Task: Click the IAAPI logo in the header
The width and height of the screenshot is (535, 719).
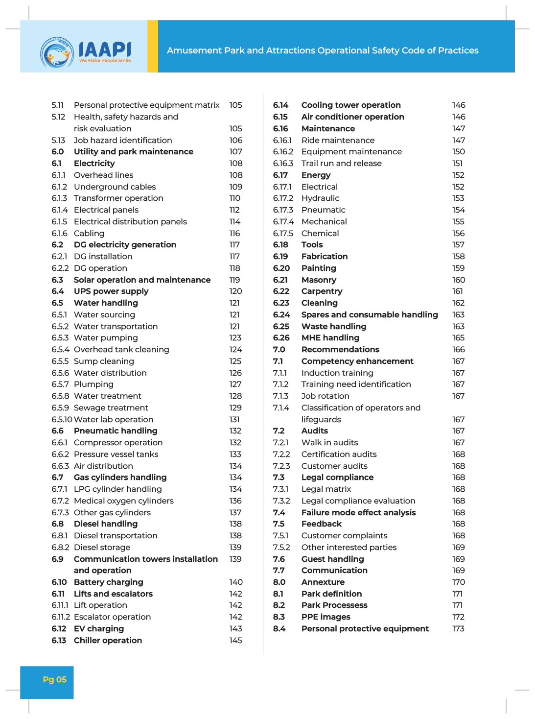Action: pos(86,51)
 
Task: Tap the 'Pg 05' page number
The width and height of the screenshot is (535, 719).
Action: pos(54,679)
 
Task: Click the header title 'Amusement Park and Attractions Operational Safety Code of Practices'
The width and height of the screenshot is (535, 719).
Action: pos(323,50)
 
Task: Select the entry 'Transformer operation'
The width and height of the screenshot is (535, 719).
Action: pos(118,198)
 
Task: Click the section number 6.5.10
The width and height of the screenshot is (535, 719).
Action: pos(62,420)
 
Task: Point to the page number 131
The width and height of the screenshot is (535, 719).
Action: pos(234,420)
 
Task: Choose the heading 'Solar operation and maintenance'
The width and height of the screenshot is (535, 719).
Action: pos(142,280)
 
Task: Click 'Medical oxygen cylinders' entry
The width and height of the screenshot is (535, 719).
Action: pos(124,501)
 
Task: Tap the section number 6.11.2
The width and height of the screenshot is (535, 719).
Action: pos(60,617)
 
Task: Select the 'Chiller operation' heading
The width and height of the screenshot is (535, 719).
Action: pos(108,641)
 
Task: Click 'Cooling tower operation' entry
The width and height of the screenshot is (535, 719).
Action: pos(351,105)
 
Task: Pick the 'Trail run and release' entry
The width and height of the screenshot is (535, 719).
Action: pos(341,164)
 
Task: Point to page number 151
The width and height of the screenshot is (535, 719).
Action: pos(457,164)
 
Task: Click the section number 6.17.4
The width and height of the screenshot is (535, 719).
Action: pos(283,222)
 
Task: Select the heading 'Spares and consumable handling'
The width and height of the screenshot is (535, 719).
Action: pos(370,315)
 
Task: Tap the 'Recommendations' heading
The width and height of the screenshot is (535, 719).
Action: pos(340,350)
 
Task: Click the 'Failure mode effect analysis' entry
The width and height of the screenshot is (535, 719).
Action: pos(358,513)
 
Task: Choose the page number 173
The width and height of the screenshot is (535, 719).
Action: pos(458,629)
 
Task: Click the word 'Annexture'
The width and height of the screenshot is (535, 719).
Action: pos(323,582)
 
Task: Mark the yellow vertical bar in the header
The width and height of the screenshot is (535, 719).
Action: pos(153,47)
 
